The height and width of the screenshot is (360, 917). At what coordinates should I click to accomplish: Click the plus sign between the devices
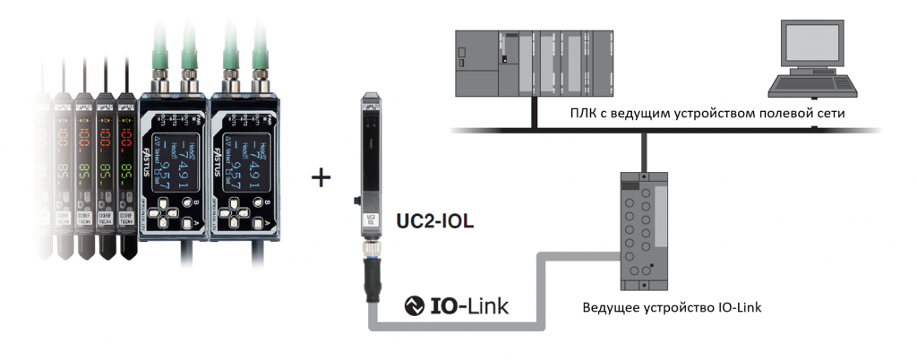(321, 177)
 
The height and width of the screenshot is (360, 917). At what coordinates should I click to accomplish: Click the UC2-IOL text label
(434, 218)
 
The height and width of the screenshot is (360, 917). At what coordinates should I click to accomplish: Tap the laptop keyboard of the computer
(812, 87)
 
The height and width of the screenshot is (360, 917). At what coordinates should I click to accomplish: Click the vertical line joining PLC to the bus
(534, 111)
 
